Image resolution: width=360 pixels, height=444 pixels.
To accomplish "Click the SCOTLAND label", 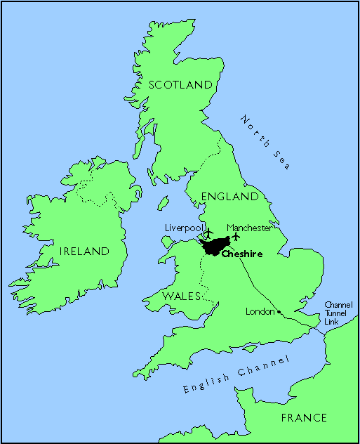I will pyautogui.click(x=180, y=85).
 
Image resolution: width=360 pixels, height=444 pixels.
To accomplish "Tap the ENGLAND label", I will pyautogui.click(x=230, y=197).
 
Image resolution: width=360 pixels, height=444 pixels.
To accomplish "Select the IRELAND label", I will pyautogui.click(x=85, y=251).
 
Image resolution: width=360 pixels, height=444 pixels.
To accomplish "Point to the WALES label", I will pyautogui.click(x=183, y=296).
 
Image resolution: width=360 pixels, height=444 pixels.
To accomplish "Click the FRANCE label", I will pyautogui.click(x=304, y=417).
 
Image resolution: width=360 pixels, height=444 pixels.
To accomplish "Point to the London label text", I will pyautogui.click(x=259, y=311).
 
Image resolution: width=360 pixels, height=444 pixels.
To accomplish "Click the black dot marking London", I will pyautogui.click(x=279, y=311).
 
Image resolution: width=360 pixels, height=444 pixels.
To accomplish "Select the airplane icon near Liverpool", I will pyautogui.click(x=207, y=232).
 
